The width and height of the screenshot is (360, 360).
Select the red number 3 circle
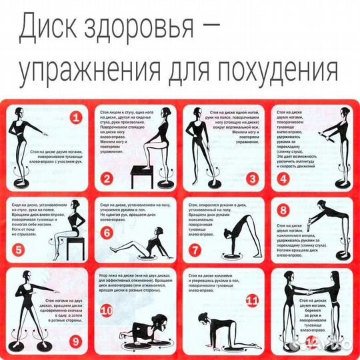click(x=252, y=178)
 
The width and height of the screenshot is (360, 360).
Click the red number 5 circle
click(x=19, y=251)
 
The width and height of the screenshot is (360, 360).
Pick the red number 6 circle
click(x=106, y=233)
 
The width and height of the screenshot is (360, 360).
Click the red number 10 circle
click(x=107, y=310)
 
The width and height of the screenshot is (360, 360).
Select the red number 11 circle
click(x=252, y=301)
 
